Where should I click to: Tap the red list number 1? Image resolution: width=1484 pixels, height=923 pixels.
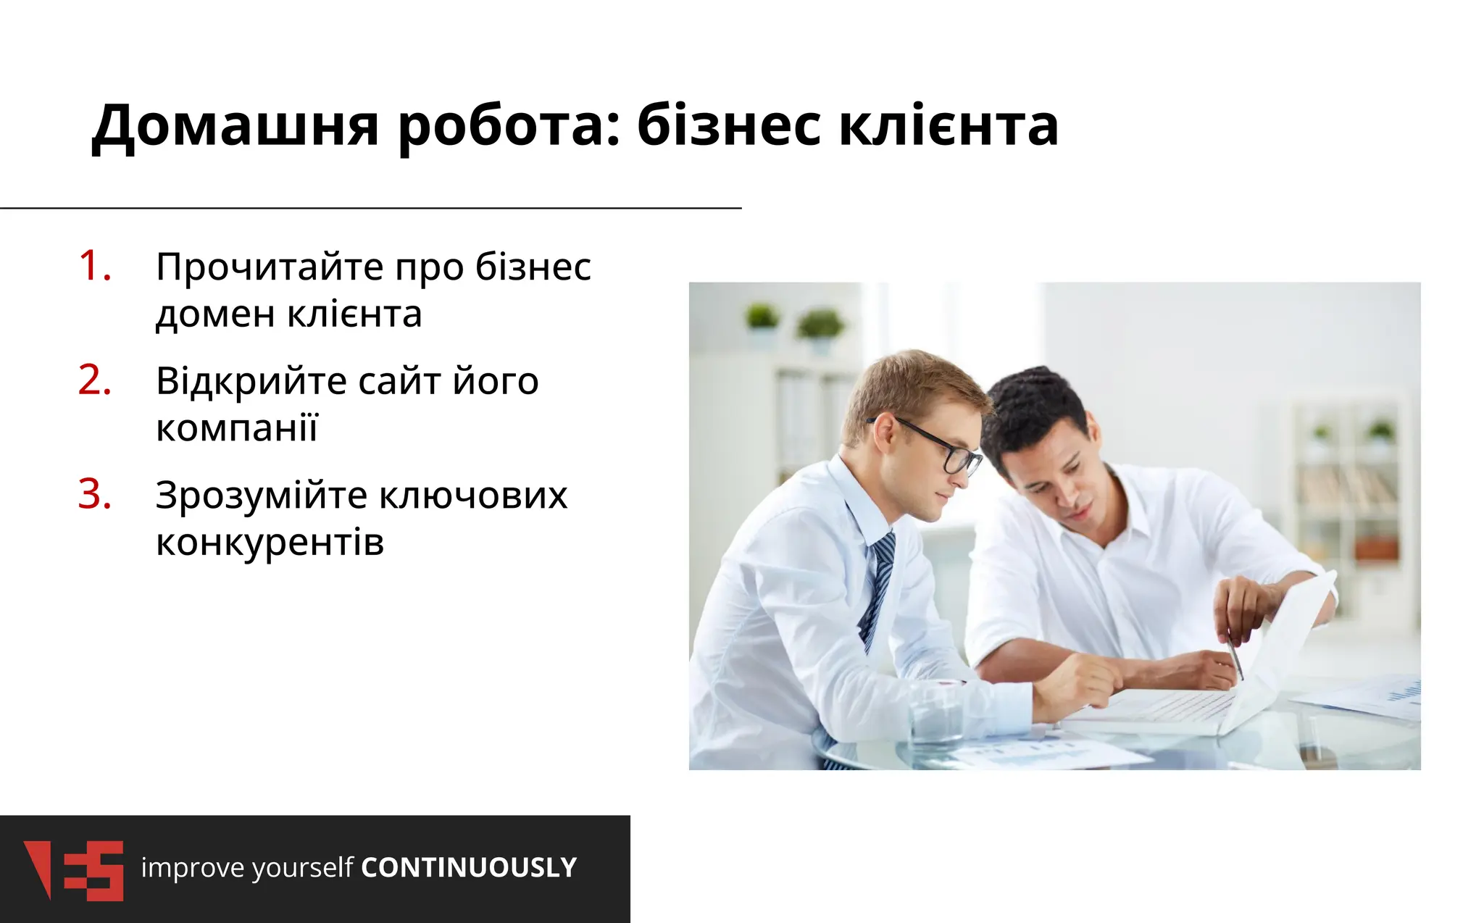[x=95, y=266]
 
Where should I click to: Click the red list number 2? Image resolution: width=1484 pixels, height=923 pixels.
[x=95, y=380]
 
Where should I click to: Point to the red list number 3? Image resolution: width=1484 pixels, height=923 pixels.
[x=95, y=495]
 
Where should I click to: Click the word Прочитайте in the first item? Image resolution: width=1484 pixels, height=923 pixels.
[x=270, y=267]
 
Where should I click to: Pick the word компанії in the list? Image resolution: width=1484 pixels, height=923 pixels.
[x=237, y=428]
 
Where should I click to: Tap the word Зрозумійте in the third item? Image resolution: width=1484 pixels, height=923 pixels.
[x=262, y=496]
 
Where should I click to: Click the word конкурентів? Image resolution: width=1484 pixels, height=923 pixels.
[x=270, y=543]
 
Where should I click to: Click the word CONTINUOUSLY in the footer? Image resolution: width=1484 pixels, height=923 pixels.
[x=469, y=868]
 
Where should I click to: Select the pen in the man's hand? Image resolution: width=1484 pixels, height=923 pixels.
[x=1235, y=656]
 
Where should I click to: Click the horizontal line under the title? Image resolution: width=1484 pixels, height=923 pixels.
[x=370, y=208]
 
